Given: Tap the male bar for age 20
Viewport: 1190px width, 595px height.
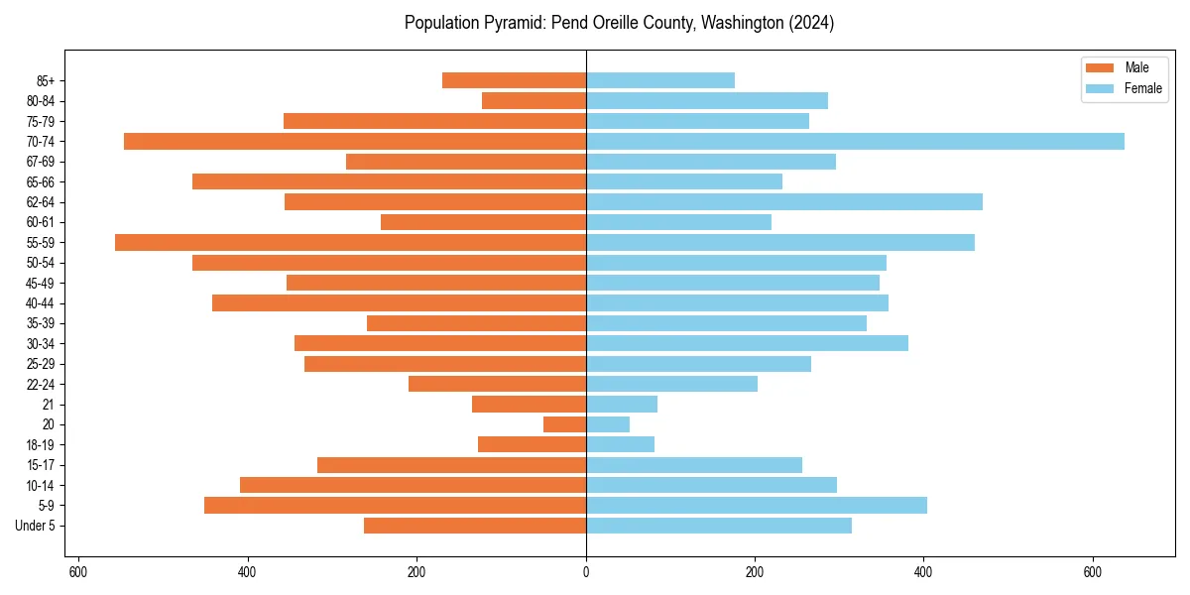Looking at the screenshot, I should click(564, 424).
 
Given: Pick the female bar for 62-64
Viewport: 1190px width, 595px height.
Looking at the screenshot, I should click(783, 202).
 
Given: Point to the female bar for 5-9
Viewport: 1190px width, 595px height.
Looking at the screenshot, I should click(756, 506).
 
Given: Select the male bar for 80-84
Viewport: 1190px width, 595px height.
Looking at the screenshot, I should click(534, 101).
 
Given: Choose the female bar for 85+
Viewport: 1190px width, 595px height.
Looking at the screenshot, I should click(660, 81).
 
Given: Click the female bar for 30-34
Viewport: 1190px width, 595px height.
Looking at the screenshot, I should click(747, 344).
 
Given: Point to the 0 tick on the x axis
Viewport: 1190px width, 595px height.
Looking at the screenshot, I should click(586, 572).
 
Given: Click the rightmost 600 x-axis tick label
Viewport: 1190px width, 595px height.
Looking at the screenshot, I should click(1093, 572).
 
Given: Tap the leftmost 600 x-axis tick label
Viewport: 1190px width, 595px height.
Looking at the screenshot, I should click(78, 572).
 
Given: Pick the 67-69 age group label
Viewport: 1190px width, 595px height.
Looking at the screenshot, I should click(41, 162).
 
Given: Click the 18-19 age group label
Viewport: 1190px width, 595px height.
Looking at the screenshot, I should click(41, 445).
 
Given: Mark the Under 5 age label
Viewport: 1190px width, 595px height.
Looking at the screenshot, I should click(35, 526).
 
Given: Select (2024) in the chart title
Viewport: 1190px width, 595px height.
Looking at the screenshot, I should click(811, 23).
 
